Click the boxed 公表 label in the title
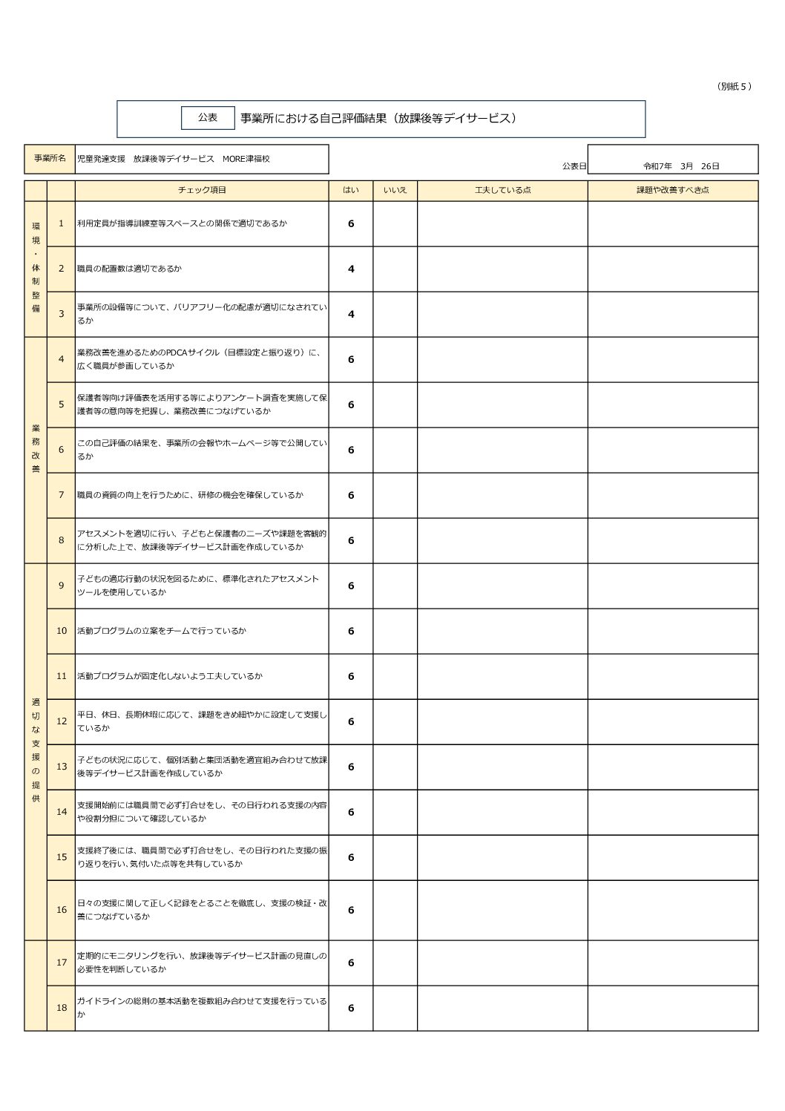tap(208, 118)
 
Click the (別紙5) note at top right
tap(735, 87)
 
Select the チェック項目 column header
tap(202, 190)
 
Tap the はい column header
tap(350, 190)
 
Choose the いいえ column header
tap(395, 190)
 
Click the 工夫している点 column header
tap(502, 190)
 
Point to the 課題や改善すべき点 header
tap(672, 190)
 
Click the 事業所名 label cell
tap(50, 159)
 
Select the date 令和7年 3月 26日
tap(681, 166)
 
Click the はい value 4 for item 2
tap(351, 269)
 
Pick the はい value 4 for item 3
tap(351, 315)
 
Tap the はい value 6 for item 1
tap(351, 224)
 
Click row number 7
tap(62, 495)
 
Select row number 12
tap(62, 721)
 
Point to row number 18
tap(62, 1008)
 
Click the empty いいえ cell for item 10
tap(395, 632)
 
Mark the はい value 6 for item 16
tap(351, 911)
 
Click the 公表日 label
tap(574, 166)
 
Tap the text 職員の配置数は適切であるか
tap(129, 269)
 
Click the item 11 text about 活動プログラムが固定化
tap(170, 676)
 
